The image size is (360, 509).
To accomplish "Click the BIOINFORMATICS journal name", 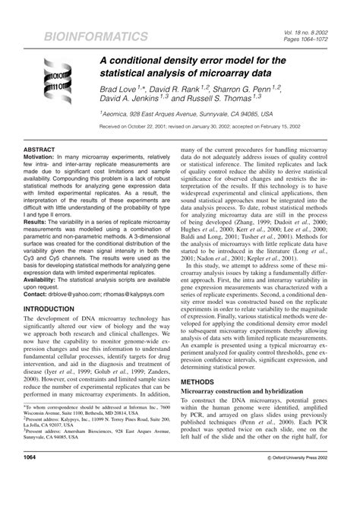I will pyautogui.click(x=84, y=36).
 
